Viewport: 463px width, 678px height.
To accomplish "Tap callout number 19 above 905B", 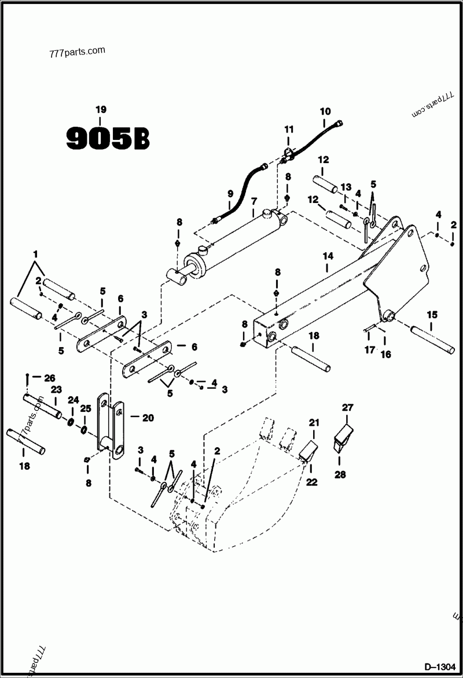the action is point(101,110).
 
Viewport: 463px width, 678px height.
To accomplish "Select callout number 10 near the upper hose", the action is point(325,110).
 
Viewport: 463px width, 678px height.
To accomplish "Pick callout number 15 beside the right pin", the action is point(432,315).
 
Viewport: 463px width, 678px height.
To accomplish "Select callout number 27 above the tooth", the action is point(347,407).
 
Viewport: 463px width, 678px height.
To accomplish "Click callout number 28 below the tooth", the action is point(340,474).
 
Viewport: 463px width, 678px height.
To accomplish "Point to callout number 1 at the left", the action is point(35,255).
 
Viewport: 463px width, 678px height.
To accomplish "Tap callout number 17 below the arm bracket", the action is point(369,349).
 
